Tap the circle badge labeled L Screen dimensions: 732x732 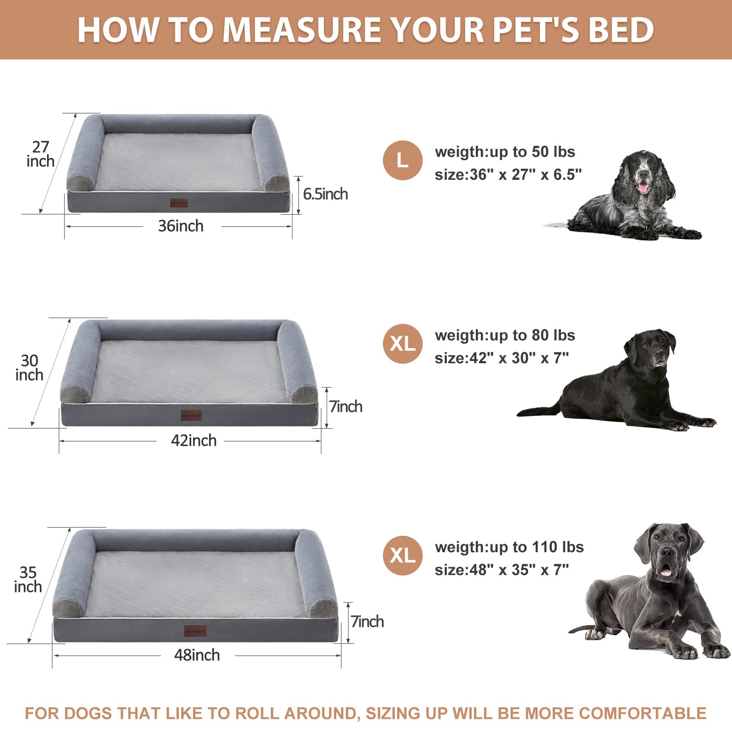click(403, 161)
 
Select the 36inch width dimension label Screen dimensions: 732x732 click(181, 226)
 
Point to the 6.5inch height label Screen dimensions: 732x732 click(325, 194)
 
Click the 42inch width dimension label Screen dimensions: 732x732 click(194, 441)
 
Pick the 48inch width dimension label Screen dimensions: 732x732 click(197, 655)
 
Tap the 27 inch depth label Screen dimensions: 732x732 click(40, 154)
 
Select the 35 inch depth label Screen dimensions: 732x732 click(28, 580)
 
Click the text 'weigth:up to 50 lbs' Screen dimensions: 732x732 click(505, 152)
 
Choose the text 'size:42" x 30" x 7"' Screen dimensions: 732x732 click(501, 358)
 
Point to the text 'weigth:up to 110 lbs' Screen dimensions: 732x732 click(509, 547)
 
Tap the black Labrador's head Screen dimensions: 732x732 click(652, 348)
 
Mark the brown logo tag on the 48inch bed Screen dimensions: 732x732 click(195, 631)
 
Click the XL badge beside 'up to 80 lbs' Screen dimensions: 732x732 click(403, 344)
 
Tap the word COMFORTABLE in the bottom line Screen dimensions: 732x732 click(643, 713)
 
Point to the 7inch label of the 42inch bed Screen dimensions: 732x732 click(346, 407)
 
